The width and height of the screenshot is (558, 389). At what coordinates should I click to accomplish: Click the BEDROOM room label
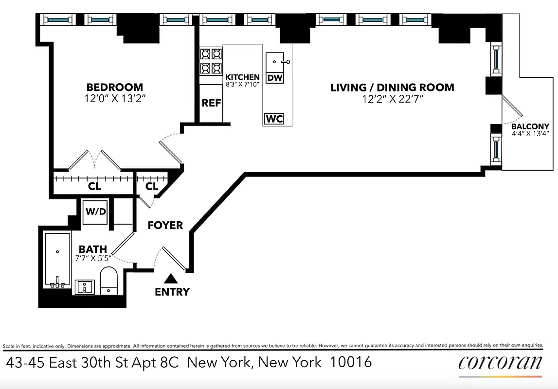point(115,88)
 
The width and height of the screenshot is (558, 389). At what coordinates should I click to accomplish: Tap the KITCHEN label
point(242,77)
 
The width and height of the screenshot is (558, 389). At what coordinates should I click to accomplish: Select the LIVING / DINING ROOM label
point(392,88)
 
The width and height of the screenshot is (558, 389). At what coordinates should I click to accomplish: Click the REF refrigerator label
point(211,103)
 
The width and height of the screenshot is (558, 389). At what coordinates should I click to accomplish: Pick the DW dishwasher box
point(275,77)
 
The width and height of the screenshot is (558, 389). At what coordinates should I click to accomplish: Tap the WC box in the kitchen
point(274,119)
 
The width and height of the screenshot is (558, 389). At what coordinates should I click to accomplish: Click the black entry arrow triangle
point(170,279)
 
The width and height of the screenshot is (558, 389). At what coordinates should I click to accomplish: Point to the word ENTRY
point(172,292)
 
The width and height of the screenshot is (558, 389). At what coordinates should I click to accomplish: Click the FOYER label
point(165,225)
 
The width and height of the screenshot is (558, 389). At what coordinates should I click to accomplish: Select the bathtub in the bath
point(57,260)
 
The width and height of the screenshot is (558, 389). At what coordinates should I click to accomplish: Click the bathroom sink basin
point(86,286)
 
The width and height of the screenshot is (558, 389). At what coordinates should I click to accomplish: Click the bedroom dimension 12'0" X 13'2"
point(115,99)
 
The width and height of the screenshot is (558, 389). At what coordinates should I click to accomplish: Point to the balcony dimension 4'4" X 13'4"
point(530,134)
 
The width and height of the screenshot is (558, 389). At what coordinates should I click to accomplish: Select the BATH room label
point(93,249)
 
